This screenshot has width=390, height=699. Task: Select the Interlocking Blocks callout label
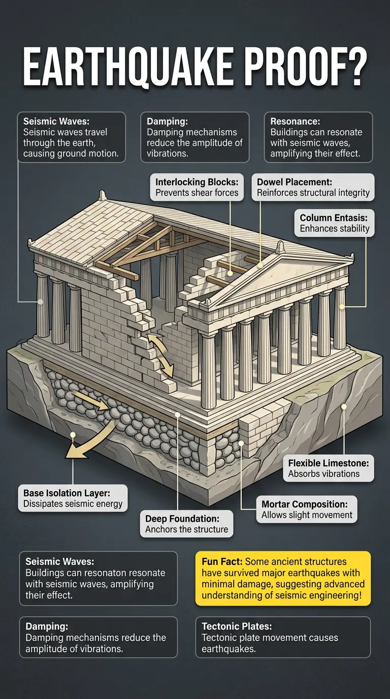(x=197, y=187)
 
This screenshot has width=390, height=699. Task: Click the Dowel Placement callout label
(x=313, y=187)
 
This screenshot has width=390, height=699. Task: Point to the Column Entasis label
(x=334, y=223)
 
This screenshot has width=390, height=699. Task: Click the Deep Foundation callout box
(x=186, y=524)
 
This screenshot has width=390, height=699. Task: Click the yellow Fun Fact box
(x=283, y=579)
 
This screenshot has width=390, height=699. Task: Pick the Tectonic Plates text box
(x=283, y=638)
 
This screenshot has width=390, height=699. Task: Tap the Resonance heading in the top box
(x=295, y=121)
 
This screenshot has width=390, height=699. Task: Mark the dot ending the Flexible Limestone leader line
(x=344, y=406)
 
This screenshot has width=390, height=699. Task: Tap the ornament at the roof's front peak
(x=279, y=248)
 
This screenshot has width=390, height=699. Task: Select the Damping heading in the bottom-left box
(x=45, y=627)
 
